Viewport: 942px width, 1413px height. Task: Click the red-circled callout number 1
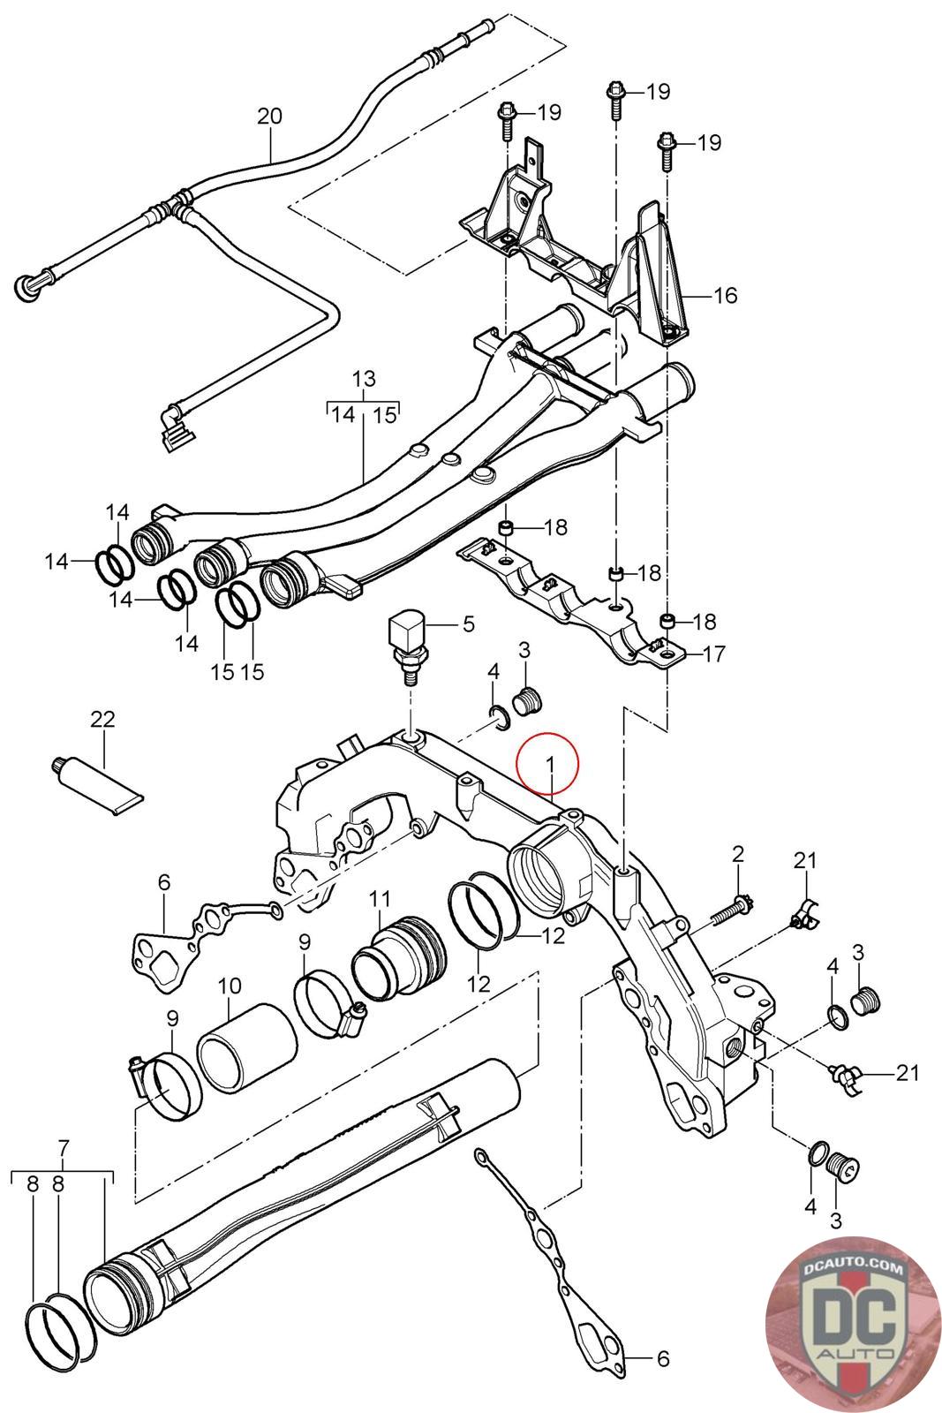(x=548, y=761)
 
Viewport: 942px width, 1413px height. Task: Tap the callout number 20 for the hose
(x=269, y=116)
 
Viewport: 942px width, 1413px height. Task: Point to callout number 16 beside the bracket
(x=724, y=295)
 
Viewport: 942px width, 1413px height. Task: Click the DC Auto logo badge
(x=849, y=1320)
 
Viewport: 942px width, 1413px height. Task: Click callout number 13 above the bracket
(x=364, y=380)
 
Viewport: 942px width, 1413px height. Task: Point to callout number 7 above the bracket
(x=63, y=1149)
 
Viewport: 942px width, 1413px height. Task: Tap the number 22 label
(x=102, y=719)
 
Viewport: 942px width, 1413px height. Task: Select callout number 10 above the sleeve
(x=230, y=984)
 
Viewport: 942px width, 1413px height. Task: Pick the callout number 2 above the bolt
(x=738, y=854)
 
